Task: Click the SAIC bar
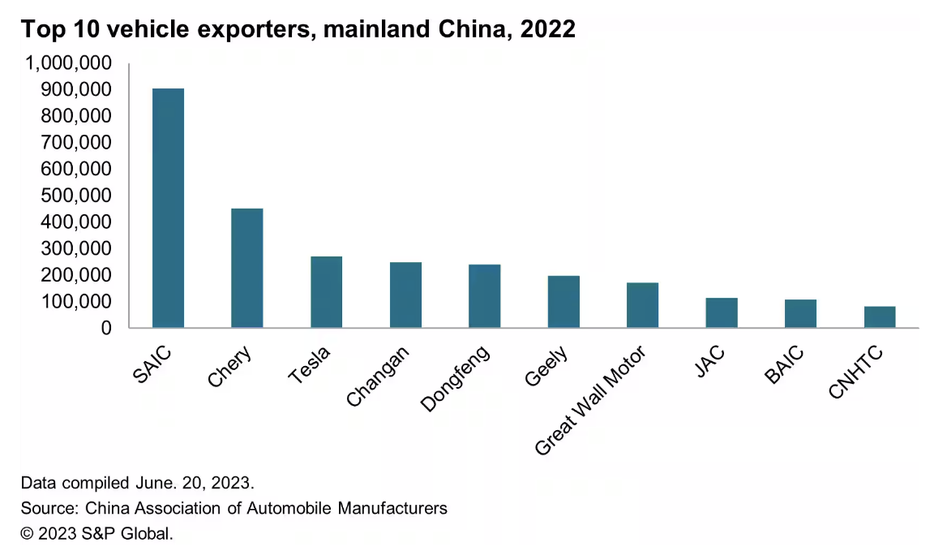click(168, 208)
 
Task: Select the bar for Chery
click(246, 268)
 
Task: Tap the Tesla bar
click(326, 292)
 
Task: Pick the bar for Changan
click(405, 295)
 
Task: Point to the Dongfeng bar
click(484, 296)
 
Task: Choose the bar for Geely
click(563, 302)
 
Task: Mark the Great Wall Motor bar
click(642, 305)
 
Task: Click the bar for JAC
click(722, 313)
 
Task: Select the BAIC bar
click(800, 314)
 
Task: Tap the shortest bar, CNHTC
click(880, 317)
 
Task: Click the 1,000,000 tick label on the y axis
click(69, 63)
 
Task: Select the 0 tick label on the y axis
click(106, 328)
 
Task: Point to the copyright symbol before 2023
click(28, 534)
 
